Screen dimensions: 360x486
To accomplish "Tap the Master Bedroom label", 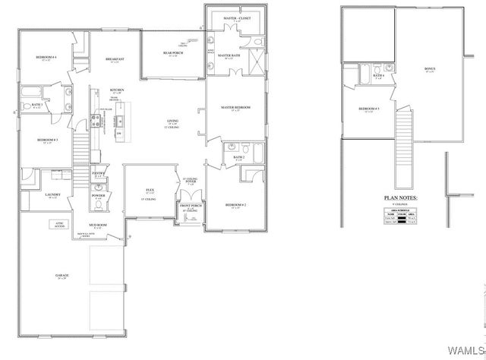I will point(235,108).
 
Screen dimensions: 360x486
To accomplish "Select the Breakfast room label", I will point(116,58).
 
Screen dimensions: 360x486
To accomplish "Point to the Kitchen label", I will point(115,89).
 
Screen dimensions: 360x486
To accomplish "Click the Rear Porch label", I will point(170,52).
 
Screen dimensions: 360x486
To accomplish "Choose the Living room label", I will point(174,121).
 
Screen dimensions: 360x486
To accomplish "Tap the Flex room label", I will point(150,191).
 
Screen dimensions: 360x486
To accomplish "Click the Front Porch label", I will point(191,206).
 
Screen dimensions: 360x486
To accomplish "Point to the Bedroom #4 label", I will point(48,58).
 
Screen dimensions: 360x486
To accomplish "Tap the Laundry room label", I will point(52,194).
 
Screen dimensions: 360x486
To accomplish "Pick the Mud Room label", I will point(96,226).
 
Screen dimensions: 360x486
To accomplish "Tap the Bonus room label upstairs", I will point(430,69).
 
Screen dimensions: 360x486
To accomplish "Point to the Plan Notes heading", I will point(401,198).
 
